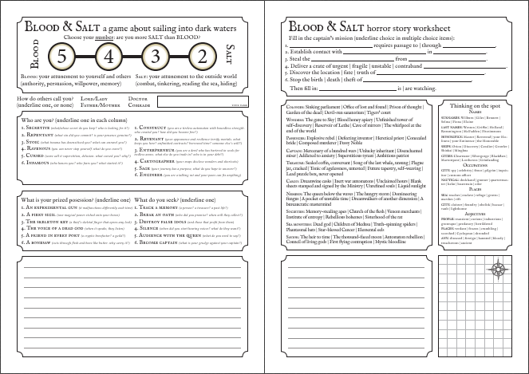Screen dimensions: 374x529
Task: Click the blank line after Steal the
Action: point(350,58)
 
